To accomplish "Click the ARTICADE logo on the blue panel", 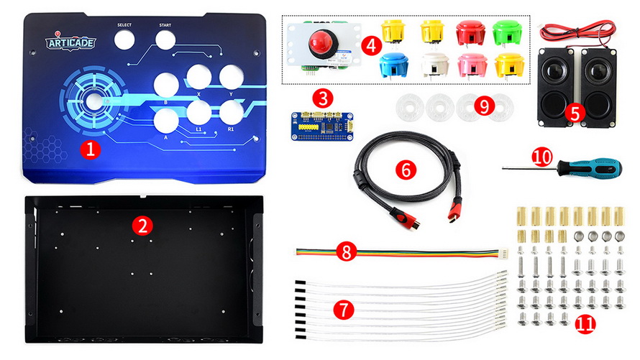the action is tap(70, 42).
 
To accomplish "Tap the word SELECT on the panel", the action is tap(124, 25).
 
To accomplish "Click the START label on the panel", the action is tap(165, 25).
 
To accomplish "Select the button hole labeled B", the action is tap(167, 86).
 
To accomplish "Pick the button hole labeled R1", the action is tap(232, 112).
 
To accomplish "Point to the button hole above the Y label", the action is tap(232, 77).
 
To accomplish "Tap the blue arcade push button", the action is tap(393, 65).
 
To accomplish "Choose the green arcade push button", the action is tap(508, 32).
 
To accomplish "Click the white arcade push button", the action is tap(435, 65).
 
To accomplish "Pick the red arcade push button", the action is tap(470, 32).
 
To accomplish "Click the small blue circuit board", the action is tap(322, 126).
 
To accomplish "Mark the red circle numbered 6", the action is tap(406, 169).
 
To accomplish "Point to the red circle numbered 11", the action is tap(585, 325).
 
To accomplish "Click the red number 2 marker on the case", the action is tap(142, 226).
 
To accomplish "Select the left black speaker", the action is tap(557, 87).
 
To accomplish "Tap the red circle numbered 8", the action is tap(346, 252).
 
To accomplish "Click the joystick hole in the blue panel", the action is tap(94, 101).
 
